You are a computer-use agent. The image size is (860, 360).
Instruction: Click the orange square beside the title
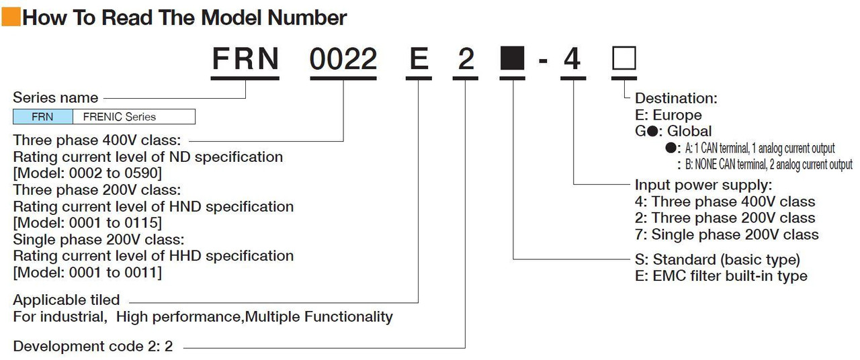coord(11,17)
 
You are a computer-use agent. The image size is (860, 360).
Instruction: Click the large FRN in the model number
coord(245,59)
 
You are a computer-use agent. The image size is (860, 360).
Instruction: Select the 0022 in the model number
coord(343,59)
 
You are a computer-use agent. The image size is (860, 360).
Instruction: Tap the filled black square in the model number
coord(512,58)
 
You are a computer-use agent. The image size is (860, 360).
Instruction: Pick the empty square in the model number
coord(624,58)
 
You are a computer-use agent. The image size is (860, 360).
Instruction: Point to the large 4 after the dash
coord(572,59)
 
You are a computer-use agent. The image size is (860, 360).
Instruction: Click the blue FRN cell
coord(42,117)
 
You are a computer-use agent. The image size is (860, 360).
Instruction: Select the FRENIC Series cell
coord(134,117)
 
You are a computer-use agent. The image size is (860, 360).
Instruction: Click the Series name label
coord(56,98)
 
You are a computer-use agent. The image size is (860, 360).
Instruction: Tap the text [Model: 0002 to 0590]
coord(87,173)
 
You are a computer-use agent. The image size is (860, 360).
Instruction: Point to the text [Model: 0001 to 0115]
coord(87,222)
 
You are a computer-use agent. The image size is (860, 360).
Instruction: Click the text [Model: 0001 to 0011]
coord(87,273)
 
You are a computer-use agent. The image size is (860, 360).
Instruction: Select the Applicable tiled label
coord(67,300)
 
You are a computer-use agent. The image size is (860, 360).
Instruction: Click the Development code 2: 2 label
coord(93,346)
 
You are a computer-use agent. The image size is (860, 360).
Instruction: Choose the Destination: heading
coord(676,98)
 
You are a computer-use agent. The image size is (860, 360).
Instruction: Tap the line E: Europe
coord(669,115)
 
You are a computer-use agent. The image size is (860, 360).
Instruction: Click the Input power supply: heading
coord(703,185)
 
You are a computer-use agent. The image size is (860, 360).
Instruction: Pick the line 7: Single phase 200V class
coord(727,234)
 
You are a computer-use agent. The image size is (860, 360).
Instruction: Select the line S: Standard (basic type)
coord(718,259)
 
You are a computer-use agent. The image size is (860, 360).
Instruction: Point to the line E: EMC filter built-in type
coord(722,276)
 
